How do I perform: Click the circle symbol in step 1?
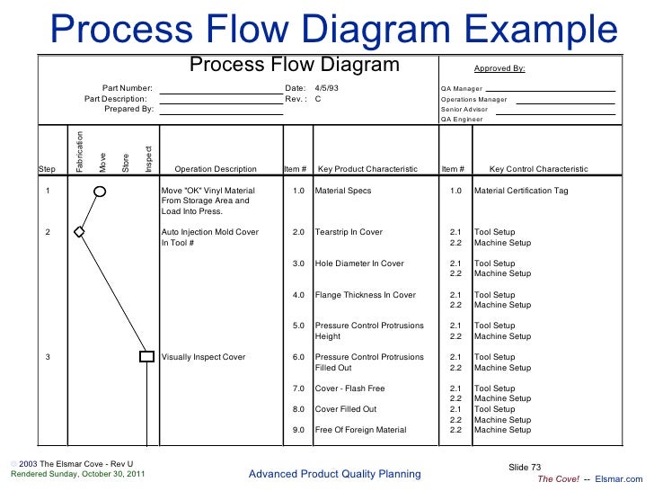pyautogui.click(x=101, y=191)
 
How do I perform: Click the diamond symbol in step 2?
pyautogui.click(x=79, y=232)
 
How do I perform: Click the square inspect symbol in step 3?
pyautogui.click(x=146, y=357)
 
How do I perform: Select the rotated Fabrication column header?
pyautogui.click(x=80, y=151)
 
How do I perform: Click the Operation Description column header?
pyautogui.click(x=216, y=169)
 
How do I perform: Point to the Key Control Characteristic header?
pyautogui.click(x=539, y=169)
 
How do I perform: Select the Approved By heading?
pyautogui.click(x=499, y=68)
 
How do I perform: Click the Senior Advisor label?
pyautogui.click(x=464, y=109)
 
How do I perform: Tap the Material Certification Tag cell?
pyautogui.click(x=521, y=191)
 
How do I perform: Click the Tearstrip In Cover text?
pyautogui.click(x=349, y=232)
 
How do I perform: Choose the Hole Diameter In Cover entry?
pyautogui.click(x=359, y=263)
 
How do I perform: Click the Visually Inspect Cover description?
pyautogui.click(x=203, y=357)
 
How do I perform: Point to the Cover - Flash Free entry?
pyautogui.click(x=350, y=388)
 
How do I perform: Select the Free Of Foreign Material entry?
pyautogui.click(x=361, y=430)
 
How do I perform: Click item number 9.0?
pyautogui.click(x=299, y=430)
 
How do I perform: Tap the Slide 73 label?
pyautogui.click(x=526, y=466)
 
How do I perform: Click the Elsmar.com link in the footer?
pyautogui.click(x=622, y=479)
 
